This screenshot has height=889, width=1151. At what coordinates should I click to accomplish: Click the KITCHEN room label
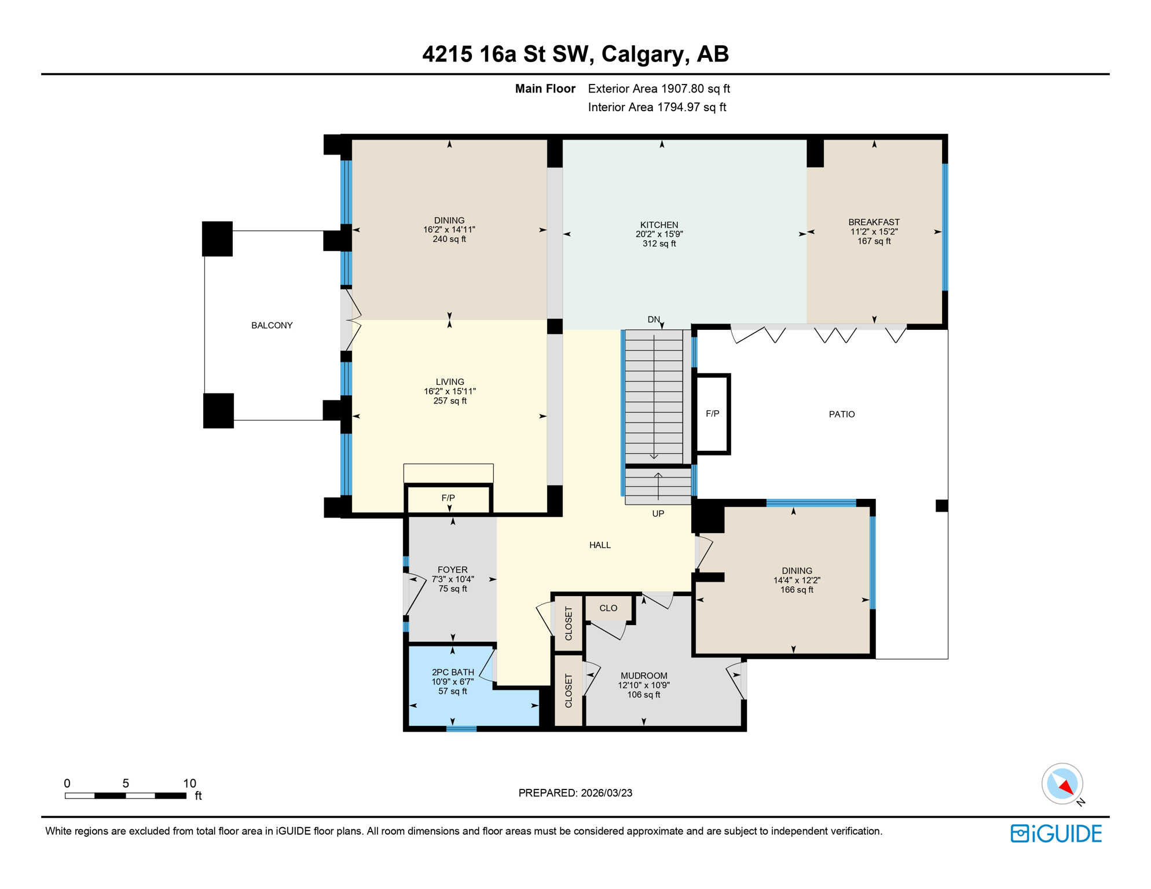tap(659, 225)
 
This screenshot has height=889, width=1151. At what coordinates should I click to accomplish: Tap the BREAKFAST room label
tap(874, 222)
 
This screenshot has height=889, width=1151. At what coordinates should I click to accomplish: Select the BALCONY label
tap(272, 325)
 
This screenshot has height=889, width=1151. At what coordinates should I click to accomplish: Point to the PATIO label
tap(841, 414)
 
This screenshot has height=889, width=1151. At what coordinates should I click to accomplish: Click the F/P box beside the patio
tap(712, 413)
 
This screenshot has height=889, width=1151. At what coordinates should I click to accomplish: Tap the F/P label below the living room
tap(448, 498)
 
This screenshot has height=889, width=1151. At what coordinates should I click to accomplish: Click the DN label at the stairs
tap(653, 319)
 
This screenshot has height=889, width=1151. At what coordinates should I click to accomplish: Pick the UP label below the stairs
tap(658, 513)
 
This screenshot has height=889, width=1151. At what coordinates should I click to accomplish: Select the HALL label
tap(600, 545)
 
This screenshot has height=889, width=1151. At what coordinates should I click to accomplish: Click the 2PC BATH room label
tap(453, 672)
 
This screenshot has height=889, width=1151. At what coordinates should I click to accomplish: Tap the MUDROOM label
tap(644, 675)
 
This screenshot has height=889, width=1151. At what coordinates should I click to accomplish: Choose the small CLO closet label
tap(608, 608)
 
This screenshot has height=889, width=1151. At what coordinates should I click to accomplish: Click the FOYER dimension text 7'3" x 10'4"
tap(453, 579)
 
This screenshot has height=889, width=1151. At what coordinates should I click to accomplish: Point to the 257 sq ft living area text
tap(450, 401)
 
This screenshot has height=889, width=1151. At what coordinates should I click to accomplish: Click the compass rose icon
tap(1062, 784)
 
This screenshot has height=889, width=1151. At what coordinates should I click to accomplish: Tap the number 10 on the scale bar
tap(189, 783)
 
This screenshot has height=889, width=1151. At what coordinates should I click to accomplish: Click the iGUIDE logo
tap(1056, 833)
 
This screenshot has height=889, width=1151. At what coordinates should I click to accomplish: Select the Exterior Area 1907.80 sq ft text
tap(659, 89)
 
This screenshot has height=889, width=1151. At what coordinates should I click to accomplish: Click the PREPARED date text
tap(575, 793)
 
